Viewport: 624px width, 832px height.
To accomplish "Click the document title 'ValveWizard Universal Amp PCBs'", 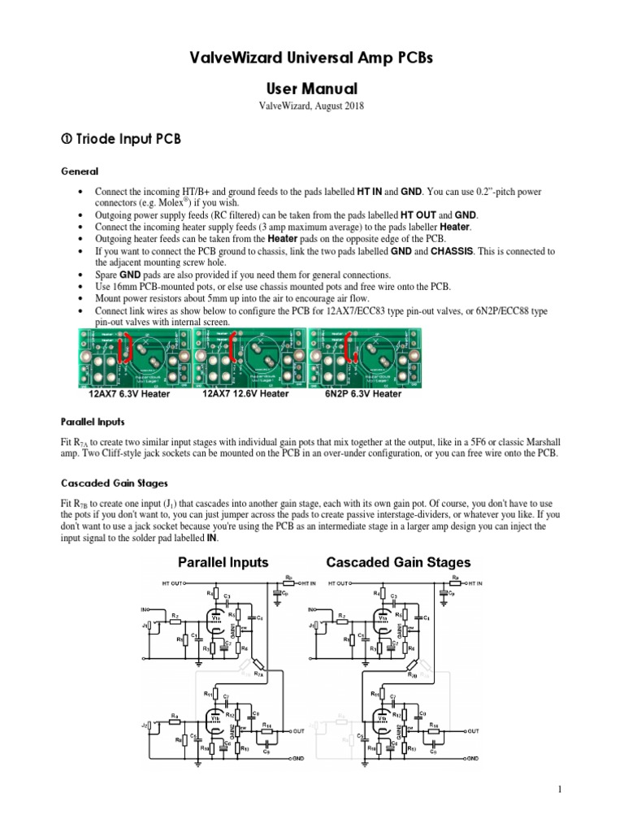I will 311,59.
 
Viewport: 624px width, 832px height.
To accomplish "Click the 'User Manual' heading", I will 311,87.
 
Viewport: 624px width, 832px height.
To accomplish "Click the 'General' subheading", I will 80,171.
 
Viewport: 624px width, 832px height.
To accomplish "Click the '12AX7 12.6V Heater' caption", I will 245,393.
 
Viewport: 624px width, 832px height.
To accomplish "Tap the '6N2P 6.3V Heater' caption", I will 363,393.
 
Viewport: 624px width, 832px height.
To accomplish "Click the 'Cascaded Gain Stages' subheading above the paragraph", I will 111,483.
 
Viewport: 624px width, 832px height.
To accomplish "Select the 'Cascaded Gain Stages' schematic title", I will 398,561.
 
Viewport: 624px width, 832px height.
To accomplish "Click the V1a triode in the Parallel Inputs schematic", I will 214,619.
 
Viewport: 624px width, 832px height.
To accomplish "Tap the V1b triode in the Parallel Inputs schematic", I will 214,717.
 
